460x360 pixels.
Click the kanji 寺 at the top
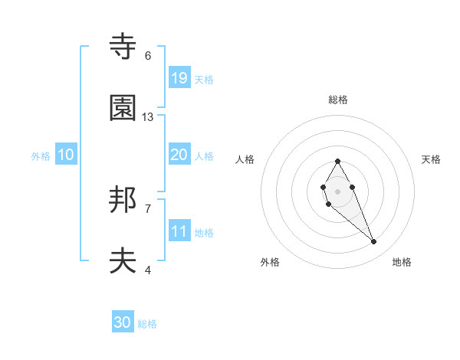point(123,47)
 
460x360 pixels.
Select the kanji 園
point(123,108)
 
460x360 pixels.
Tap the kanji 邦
point(123,201)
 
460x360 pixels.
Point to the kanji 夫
point(123,261)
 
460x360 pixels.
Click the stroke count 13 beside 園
point(148,117)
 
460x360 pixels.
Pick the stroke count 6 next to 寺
point(148,56)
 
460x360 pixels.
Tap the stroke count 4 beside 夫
point(148,270)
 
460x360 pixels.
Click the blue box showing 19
point(179,77)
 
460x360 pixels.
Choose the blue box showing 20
point(179,154)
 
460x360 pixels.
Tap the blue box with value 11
point(179,231)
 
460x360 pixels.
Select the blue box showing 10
point(66,154)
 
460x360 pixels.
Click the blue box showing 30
point(123,322)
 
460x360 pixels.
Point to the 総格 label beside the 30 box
point(147,324)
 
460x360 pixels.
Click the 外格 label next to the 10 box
point(41,155)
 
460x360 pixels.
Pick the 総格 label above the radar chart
point(338,100)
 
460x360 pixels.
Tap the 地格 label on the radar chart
point(402,262)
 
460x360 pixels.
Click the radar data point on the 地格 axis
point(373,242)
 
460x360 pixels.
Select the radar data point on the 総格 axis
point(337,162)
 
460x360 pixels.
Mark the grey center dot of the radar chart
point(337,190)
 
